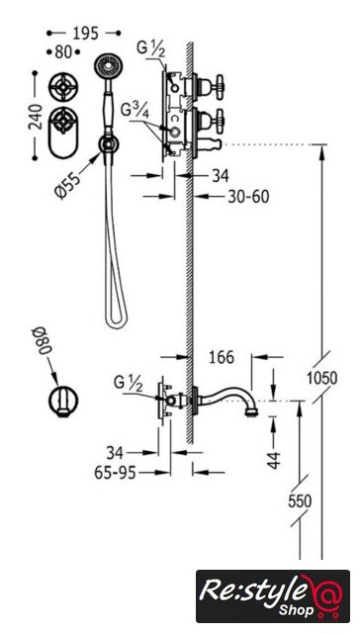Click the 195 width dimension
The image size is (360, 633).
pyautogui.click(x=86, y=35)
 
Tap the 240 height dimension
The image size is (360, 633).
pyautogui.click(x=36, y=117)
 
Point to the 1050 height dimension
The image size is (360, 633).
pyautogui.click(x=321, y=378)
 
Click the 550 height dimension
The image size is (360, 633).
pyautogui.click(x=300, y=501)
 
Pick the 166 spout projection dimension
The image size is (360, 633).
pyautogui.click(x=222, y=357)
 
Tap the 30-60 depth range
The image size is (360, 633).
pyautogui.click(x=248, y=197)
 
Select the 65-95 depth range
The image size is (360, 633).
pyautogui.click(x=115, y=473)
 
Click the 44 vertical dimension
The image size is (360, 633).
pyautogui.click(x=274, y=460)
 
